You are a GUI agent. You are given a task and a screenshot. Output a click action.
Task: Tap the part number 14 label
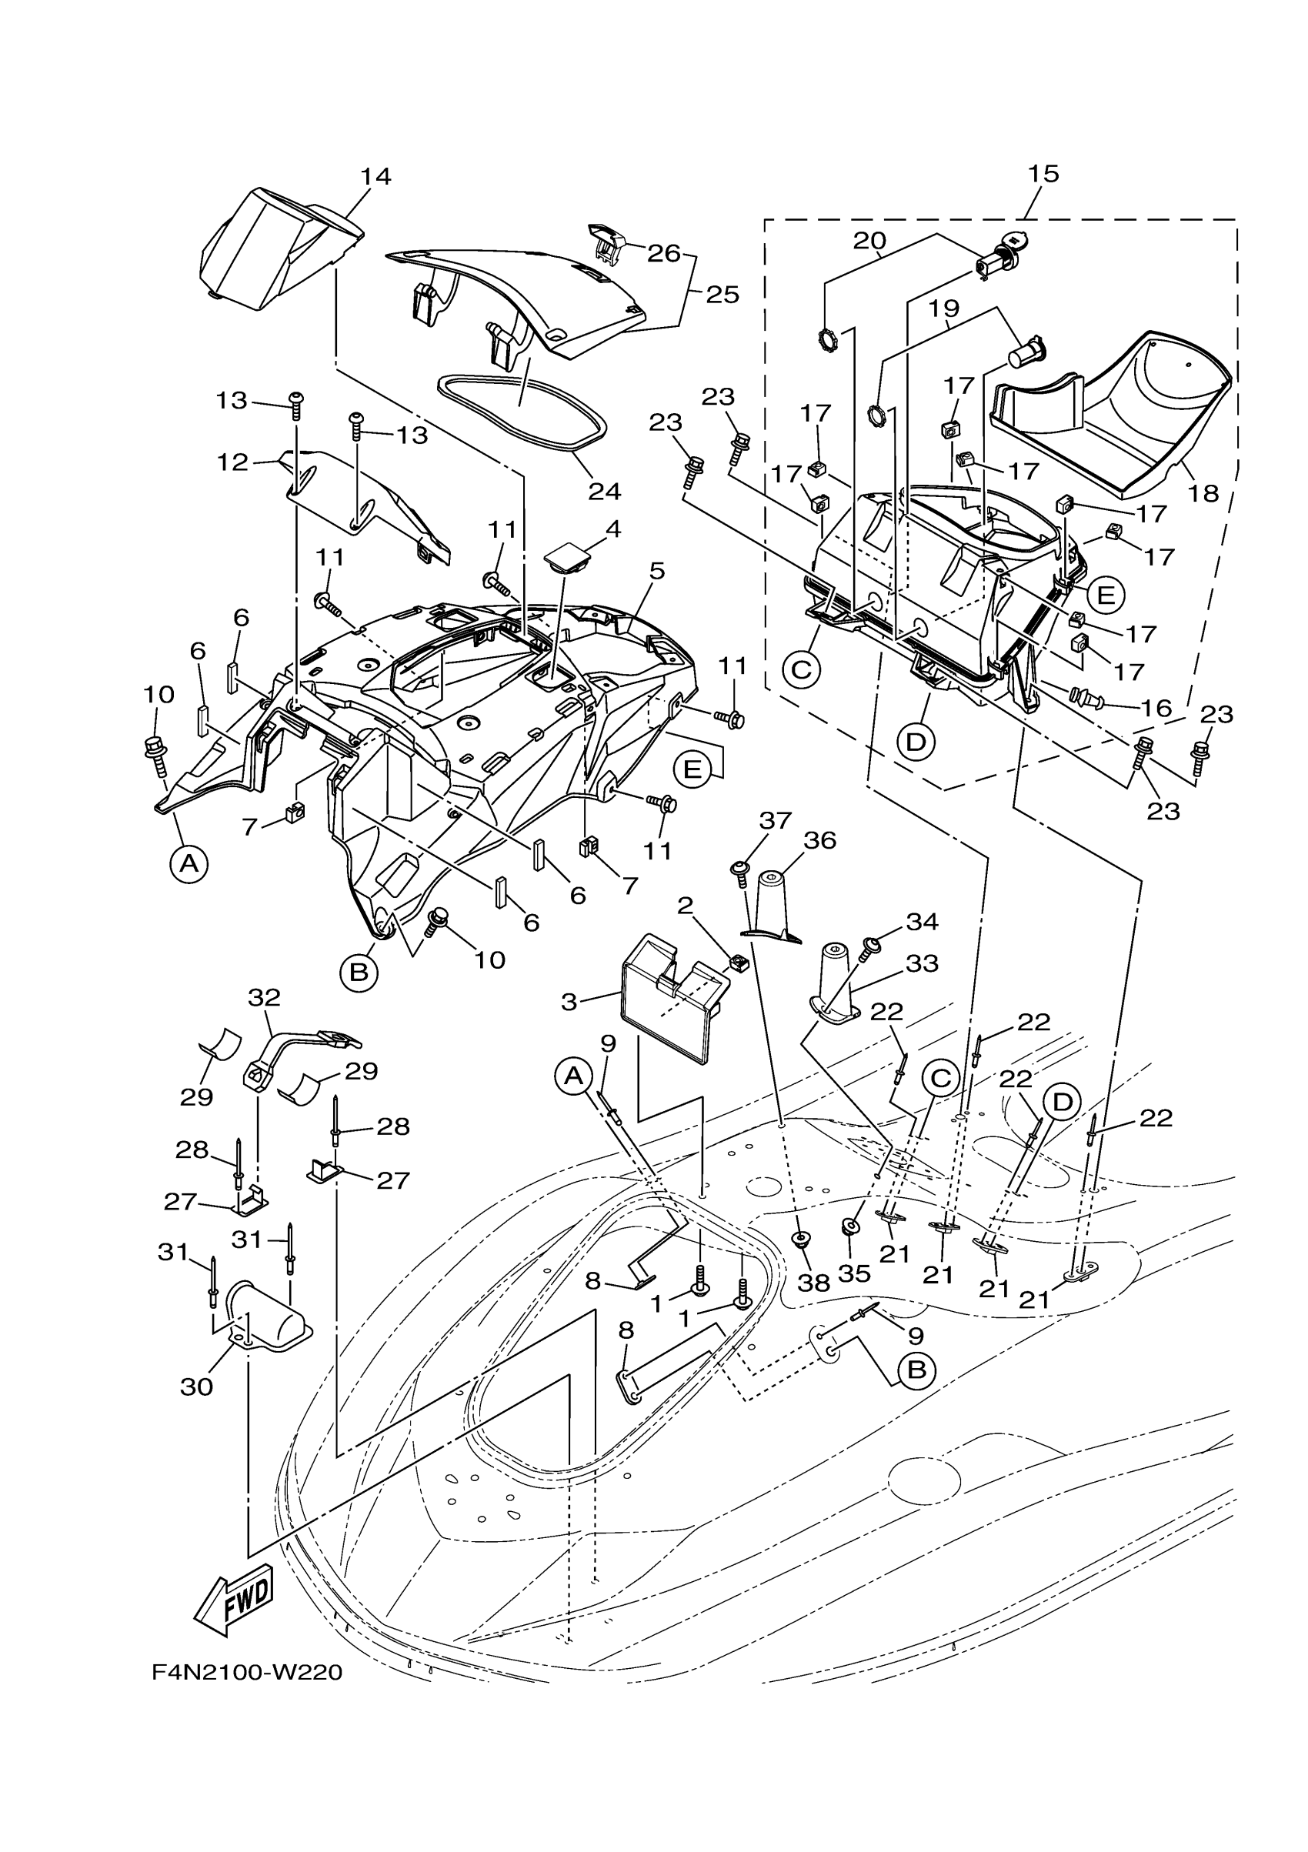tap(375, 177)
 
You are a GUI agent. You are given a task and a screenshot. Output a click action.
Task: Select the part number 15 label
tap(1043, 173)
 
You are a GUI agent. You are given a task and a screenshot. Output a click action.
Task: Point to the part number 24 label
tap(604, 490)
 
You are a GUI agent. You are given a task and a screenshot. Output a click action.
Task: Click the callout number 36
tap(819, 840)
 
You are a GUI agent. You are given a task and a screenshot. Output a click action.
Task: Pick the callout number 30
tap(197, 1386)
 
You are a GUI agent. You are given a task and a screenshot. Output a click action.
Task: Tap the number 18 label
tap(1203, 493)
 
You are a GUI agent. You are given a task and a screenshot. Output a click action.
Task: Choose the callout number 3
tap(569, 1002)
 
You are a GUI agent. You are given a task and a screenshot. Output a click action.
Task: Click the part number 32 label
tap(264, 997)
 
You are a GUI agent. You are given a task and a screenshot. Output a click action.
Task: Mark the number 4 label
tap(613, 530)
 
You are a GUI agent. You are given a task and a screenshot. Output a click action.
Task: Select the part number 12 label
tap(232, 463)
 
